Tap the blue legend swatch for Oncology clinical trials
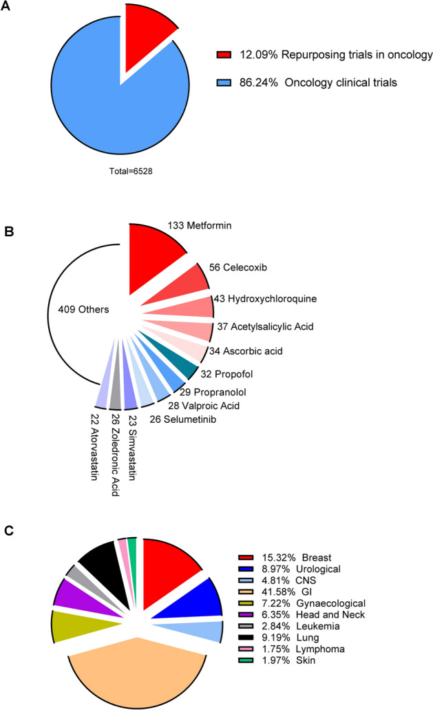pyautogui.click(x=223, y=83)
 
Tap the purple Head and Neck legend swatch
pyautogui.click(x=245, y=614)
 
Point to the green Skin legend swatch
pyautogui.click(x=245, y=661)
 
